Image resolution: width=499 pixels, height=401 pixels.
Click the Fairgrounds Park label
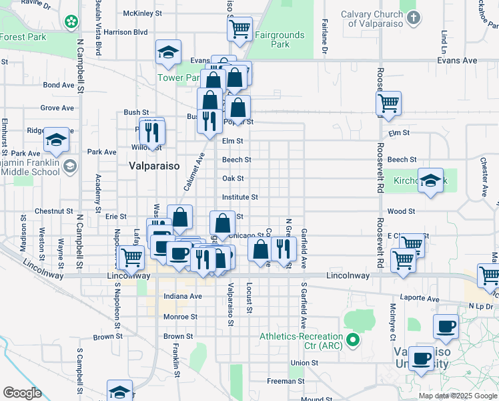270,39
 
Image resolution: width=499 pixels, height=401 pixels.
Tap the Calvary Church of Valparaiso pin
414,17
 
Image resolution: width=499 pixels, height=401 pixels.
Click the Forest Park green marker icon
71,23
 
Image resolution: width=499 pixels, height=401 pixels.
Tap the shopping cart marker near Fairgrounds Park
239,29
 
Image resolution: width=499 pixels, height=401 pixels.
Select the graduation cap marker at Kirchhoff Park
431,180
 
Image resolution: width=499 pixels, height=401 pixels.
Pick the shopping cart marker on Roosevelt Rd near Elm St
388,104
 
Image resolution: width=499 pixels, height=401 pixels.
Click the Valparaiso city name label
153,166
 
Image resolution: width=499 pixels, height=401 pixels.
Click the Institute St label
240,197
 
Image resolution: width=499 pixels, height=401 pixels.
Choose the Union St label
304,363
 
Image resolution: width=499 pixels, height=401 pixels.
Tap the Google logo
22,393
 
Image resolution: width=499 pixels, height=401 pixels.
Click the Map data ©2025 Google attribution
458,396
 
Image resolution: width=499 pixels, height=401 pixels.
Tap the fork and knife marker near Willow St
154,131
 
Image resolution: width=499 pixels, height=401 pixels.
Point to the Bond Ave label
59,85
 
